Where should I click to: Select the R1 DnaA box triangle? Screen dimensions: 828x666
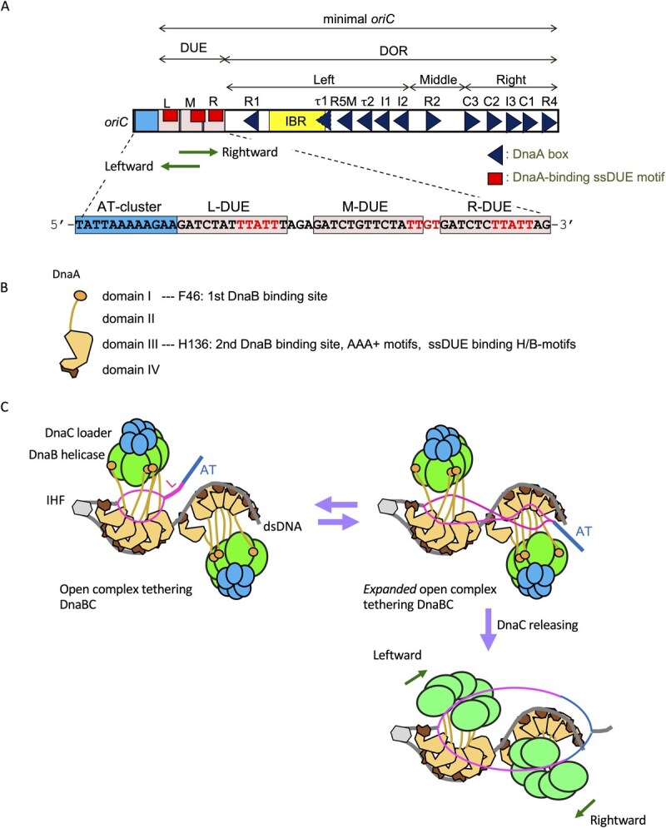[250, 121]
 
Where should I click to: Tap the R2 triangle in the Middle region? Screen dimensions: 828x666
[432, 121]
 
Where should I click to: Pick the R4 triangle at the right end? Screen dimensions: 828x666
[549, 121]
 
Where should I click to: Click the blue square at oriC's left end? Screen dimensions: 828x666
[146, 121]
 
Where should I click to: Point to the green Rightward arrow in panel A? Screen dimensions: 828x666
[196, 152]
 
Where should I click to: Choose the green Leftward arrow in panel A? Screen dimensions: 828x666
[181, 166]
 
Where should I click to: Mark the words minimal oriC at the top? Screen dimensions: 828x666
[358, 16]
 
